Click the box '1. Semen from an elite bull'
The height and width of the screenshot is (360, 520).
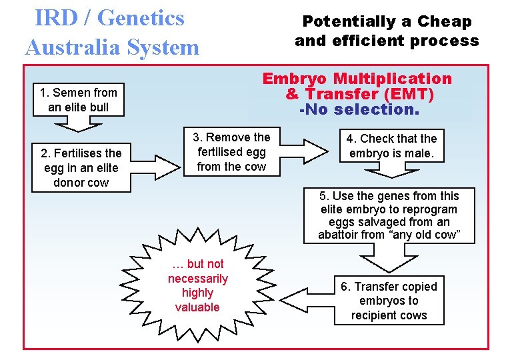(x=78, y=100)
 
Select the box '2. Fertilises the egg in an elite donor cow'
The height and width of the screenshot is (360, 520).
(x=81, y=168)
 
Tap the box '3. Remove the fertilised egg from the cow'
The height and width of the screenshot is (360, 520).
(x=231, y=152)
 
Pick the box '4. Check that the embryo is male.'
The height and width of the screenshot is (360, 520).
(x=391, y=146)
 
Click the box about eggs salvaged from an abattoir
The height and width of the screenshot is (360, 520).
(x=389, y=215)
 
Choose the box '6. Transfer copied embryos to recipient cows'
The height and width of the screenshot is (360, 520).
(x=389, y=301)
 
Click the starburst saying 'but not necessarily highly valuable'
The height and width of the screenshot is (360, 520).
(x=197, y=285)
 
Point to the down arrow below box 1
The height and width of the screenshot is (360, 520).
(x=78, y=125)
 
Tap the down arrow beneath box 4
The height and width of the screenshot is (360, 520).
(x=391, y=171)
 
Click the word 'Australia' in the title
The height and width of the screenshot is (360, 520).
(x=72, y=47)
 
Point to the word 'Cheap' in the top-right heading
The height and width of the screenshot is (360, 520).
(x=445, y=21)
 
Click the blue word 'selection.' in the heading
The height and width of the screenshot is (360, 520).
(x=377, y=109)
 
